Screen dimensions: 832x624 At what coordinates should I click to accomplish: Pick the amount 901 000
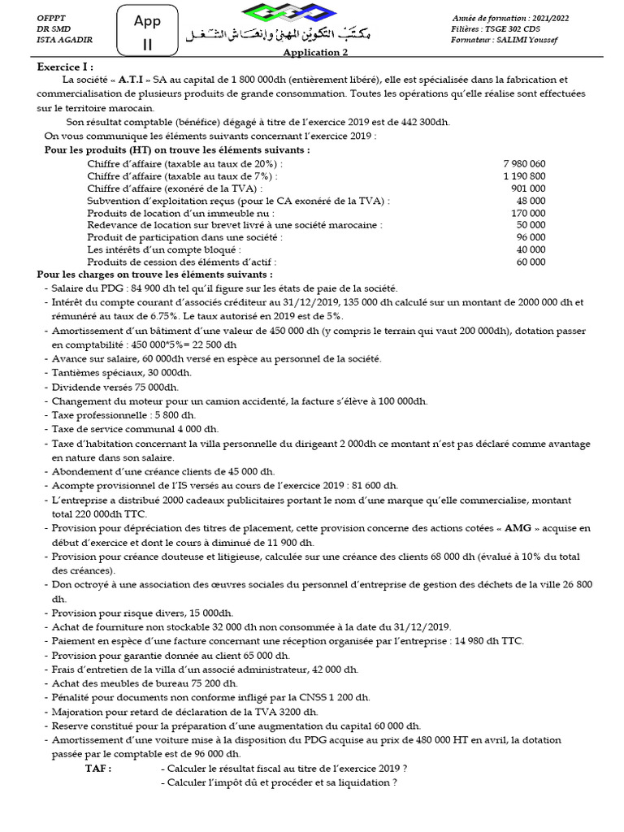tap(528, 188)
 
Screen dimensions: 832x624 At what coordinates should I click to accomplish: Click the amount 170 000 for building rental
tap(528, 213)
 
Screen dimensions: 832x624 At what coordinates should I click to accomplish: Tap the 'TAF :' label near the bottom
tap(98, 768)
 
